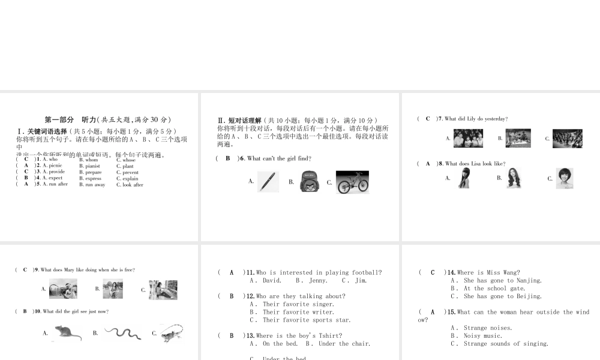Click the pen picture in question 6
pyautogui.click(x=268, y=182)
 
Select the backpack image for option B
pyautogui.click(x=308, y=182)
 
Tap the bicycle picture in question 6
pyautogui.click(x=352, y=182)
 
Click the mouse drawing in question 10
pyautogui.click(x=68, y=332)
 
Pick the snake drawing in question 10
pyautogui.click(x=122, y=332)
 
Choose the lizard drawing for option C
pyautogui.click(x=171, y=333)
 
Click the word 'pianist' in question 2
pyautogui.click(x=92, y=166)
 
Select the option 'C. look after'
pyautogui.click(x=130, y=185)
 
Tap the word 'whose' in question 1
pyautogui.click(x=128, y=160)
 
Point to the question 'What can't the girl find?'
pyautogui.click(x=279, y=158)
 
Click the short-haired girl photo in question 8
pyautogui.click(x=564, y=178)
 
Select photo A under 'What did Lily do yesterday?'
pyautogui.click(x=468, y=139)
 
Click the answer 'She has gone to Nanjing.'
pyautogui.click(x=502, y=280)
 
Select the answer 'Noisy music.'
pyautogui.click(x=482, y=335)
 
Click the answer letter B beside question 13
pyautogui.click(x=231, y=335)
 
